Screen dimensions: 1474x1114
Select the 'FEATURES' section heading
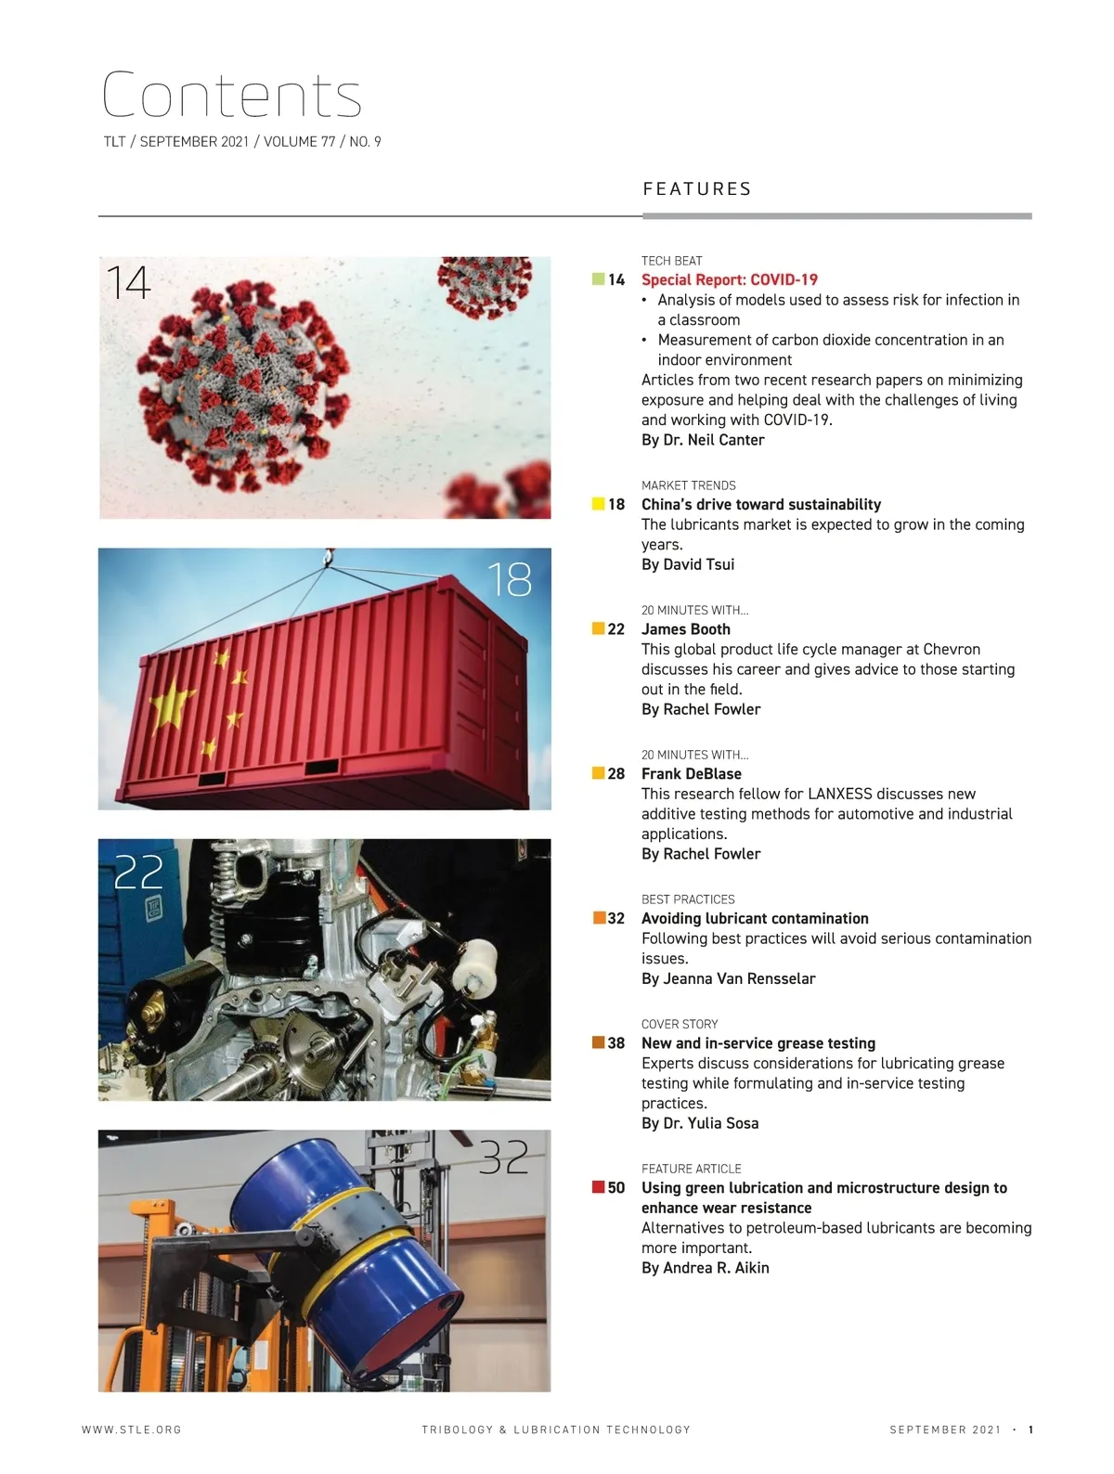click(x=697, y=189)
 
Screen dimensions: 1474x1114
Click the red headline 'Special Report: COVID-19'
click(x=730, y=279)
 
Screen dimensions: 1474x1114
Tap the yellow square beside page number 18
click(x=599, y=504)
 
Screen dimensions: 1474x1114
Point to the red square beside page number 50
click(x=599, y=1187)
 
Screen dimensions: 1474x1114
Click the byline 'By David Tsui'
click(x=688, y=564)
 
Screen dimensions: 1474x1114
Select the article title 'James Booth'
click(x=686, y=629)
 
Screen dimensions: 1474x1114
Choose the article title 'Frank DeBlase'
click(x=692, y=774)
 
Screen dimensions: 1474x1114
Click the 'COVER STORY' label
click(x=680, y=1024)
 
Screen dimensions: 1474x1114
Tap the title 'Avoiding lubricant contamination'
click(x=755, y=919)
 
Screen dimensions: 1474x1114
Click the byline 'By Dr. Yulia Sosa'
click(x=700, y=1123)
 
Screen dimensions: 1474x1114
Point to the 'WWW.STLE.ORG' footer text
click(x=132, y=1429)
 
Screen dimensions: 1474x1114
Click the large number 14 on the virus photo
click(x=128, y=283)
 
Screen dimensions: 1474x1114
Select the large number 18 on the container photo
click(x=509, y=579)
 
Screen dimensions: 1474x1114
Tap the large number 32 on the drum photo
click(x=503, y=1157)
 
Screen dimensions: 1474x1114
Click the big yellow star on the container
click(x=174, y=707)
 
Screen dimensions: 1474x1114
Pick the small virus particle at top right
click(x=484, y=284)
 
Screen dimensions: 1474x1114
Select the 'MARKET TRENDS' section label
click(x=689, y=485)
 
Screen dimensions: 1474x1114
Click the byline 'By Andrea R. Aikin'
click(x=706, y=1268)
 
